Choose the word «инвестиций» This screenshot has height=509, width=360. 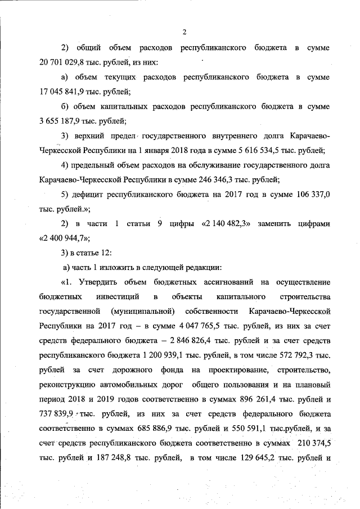[x=120, y=296]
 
